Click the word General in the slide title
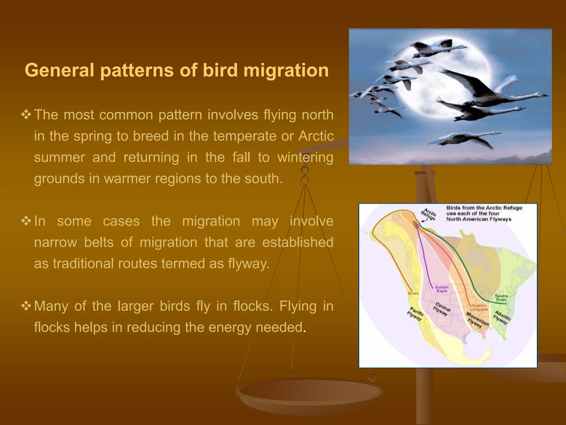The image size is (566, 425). pos(60,70)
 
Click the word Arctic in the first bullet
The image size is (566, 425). pos(316,136)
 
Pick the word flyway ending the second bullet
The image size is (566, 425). pos(248,263)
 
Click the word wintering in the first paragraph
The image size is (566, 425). pos(305,157)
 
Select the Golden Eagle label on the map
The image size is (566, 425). pos(441,289)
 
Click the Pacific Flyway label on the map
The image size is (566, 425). pos(415,314)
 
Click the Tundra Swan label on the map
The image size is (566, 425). pos(501,298)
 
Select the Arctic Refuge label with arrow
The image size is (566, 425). pos(429,214)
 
